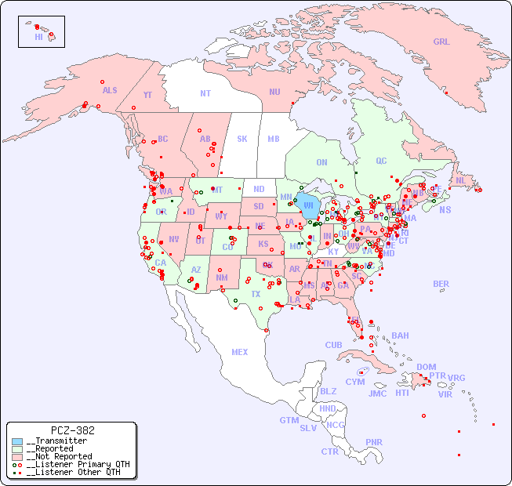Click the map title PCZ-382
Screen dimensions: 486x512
[x=72, y=430]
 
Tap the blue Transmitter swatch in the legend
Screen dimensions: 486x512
[x=17, y=441]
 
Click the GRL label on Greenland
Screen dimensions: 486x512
[x=441, y=42]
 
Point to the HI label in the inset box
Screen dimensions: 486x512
[x=38, y=37]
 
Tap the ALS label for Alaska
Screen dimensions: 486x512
[x=110, y=90]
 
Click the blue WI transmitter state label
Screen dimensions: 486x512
[x=310, y=206]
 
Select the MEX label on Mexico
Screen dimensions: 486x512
[x=240, y=352]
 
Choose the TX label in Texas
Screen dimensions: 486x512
[x=256, y=294]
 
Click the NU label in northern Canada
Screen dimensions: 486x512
[x=274, y=92]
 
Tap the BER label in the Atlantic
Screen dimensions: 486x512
[x=441, y=284]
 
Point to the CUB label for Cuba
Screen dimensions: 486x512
[x=333, y=345]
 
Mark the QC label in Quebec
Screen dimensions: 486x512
[x=381, y=161]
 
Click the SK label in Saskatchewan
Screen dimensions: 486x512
[x=242, y=139]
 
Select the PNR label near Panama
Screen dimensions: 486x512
[x=374, y=442]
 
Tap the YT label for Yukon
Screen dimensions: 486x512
[x=147, y=95]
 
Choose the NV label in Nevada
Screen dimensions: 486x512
[x=173, y=239]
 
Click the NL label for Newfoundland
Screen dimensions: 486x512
[x=460, y=180]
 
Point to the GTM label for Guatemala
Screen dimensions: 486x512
[x=289, y=420]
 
